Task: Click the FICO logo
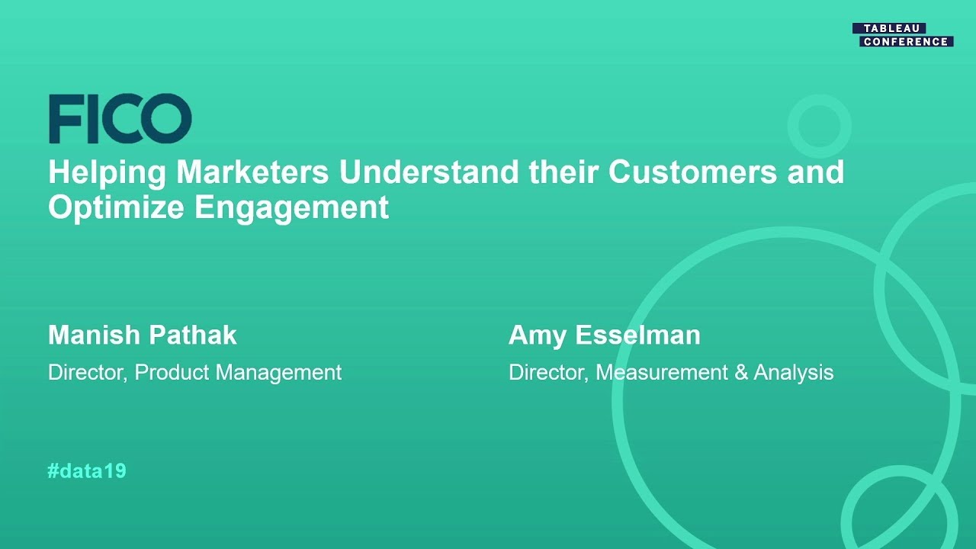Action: click(x=120, y=119)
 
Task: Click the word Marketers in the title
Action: click(x=252, y=172)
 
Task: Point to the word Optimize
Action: click(x=117, y=207)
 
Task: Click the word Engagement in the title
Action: click(x=292, y=207)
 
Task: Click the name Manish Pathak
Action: click(x=143, y=335)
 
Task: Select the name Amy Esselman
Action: click(x=604, y=335)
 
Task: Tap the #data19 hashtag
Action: click(x=87, y=471)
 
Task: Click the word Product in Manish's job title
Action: click(x=172, y=373)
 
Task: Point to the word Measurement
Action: click(x=662, y=373)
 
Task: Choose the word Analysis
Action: click(x=793, y=373)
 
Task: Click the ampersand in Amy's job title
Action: click(x=740, y=373)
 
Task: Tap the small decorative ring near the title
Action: click(x=819, y=125)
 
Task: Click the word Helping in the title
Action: click(x=108, y=172)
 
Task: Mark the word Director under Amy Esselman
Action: click(x=547, y=373)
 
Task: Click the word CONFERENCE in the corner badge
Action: click(x=906, y=42)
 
